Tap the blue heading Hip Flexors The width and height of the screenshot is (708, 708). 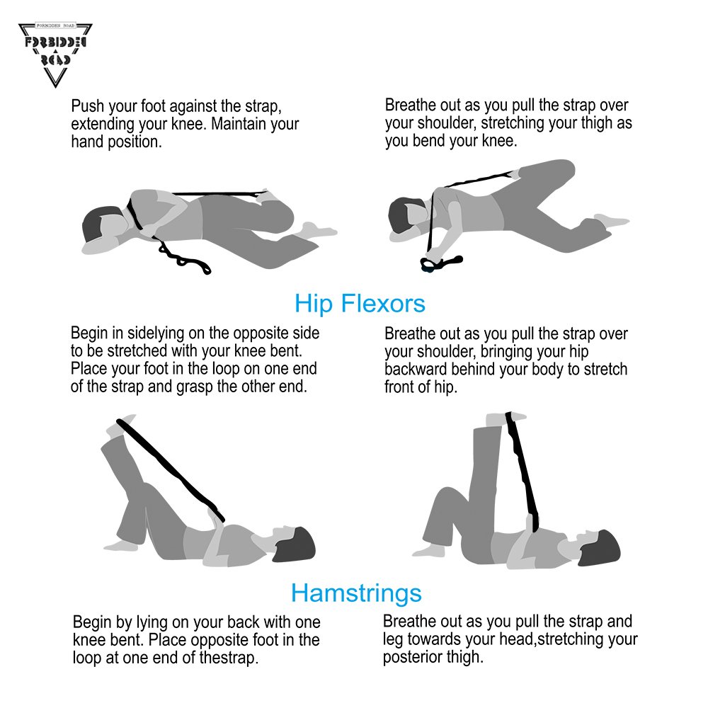coord(360,304)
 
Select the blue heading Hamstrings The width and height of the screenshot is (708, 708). coord(356,593)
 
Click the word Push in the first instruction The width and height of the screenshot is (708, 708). coord(88,106)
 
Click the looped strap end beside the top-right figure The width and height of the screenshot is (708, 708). coord(440,263)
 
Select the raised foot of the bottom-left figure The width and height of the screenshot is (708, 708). coord(120,426)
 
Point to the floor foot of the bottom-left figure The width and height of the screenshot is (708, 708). coord(120,545)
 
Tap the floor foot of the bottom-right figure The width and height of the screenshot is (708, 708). coord(430,550)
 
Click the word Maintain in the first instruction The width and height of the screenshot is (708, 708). coord(238,124)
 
